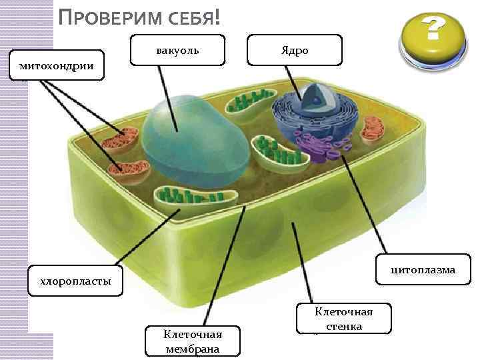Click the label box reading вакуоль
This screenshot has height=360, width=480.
(177, 50)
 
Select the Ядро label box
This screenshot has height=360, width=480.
(294, 51)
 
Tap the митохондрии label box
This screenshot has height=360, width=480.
(57, 65)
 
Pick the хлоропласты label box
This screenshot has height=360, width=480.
(75, 281)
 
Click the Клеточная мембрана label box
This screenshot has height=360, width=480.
(193, 341)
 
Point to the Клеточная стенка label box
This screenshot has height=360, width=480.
(343, 319)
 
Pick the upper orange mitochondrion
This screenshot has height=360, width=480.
(123, 140)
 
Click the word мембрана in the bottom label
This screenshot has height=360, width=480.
(193, 349)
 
